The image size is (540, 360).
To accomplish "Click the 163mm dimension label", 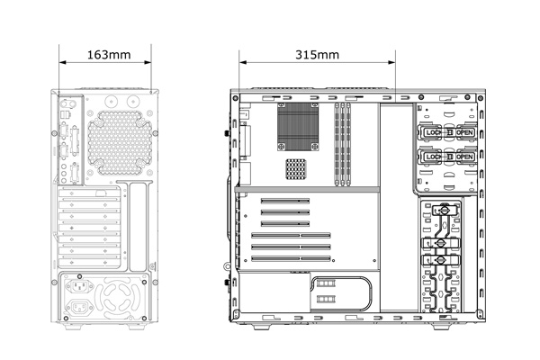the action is point(109,55).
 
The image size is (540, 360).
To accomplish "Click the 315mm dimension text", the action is point(317,55).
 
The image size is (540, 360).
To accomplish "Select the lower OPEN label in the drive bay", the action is point(464,157).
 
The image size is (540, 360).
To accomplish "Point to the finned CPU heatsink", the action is point(298,126).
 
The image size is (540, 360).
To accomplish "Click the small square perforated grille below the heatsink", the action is point(295,169).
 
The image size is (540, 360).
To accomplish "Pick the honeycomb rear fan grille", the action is point(120,142).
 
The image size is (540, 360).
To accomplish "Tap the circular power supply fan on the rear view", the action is point(117,300).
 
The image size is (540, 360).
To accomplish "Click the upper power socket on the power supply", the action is point(79,285).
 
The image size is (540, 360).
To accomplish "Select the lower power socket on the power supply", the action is point(79,307).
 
